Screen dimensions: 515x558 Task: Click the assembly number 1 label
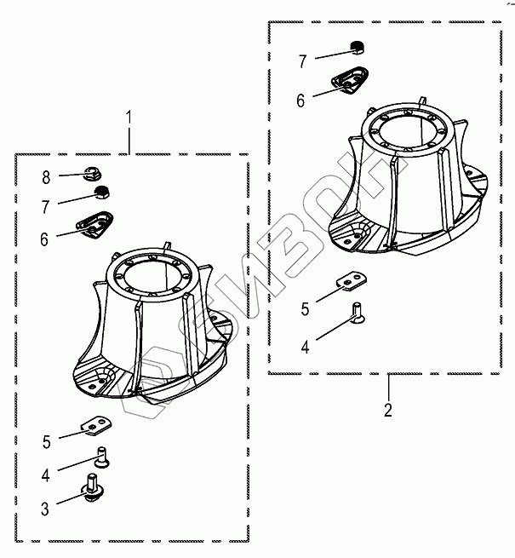[x=129, y=117]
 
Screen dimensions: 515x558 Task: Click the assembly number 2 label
[x=388, y=410]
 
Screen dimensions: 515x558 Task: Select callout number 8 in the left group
[x=47, y=177]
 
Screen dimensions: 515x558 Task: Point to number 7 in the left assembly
[x=47, y=204]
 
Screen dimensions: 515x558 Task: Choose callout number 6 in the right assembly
[x=301, y=100]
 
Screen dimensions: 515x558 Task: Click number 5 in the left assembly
[x=47, y=441]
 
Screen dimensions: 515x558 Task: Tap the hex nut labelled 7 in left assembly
[x=103, y=192]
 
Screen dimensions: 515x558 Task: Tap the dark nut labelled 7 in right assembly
[x=358, y=49]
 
